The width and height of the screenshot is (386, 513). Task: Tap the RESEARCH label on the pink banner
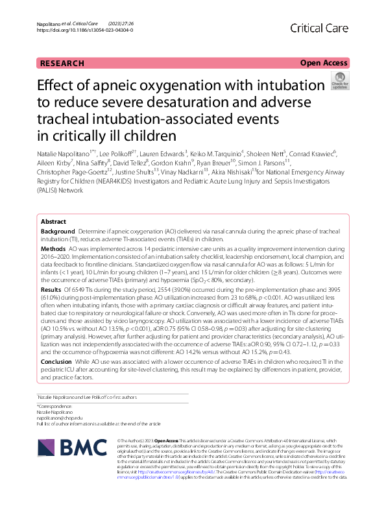[x=62, y=63]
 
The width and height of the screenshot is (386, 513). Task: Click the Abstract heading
[x=53, y=222]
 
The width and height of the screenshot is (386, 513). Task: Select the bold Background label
[x=57, y=232]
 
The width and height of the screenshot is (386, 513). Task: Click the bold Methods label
[x=53, y=248]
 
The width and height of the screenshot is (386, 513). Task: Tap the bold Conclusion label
[x=56, y=360]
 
